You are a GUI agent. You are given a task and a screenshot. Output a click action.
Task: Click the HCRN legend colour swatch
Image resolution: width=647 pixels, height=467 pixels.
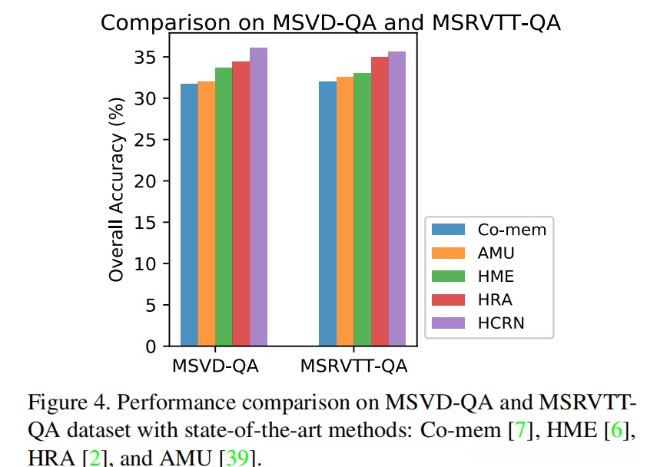[x=449, y=323]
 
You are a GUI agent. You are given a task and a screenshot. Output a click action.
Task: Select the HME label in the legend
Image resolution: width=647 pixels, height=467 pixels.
[x=496, y=276]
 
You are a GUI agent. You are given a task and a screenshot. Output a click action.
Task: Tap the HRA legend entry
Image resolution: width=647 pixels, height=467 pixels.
[x=495, y=300]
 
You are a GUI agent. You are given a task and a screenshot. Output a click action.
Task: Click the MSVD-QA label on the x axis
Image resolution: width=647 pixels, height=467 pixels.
[x=215, y=366]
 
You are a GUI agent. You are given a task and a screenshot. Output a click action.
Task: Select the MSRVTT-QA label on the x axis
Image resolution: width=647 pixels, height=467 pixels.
[x=354, y=366]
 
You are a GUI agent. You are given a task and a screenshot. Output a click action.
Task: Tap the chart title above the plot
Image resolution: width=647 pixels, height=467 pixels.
[x=330, y=23]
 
